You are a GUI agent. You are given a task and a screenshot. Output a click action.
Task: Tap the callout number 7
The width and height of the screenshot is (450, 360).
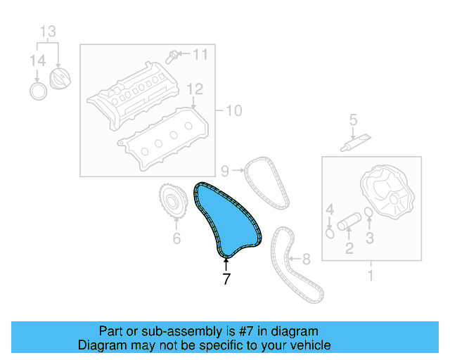point(226,278)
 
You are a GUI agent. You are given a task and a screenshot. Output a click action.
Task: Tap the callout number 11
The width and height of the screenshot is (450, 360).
point(200,53)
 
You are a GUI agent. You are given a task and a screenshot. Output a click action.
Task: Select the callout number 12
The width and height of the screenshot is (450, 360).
point(194,89)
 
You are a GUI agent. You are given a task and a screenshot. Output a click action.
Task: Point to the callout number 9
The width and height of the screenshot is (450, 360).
point(225,169)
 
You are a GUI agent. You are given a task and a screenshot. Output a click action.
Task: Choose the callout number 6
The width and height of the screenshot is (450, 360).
point(176,239)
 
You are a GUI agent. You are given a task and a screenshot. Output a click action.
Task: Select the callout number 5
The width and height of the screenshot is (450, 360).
point(354,120)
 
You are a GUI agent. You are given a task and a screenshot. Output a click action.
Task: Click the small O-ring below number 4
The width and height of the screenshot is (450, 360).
point(329,229)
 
